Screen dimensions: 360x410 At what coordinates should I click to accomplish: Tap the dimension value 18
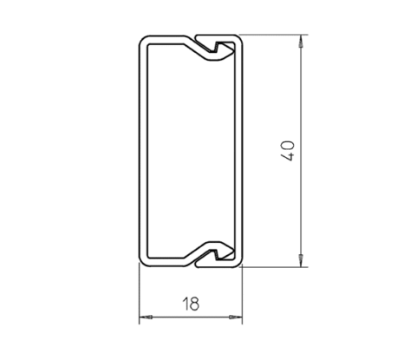tap(190, 303)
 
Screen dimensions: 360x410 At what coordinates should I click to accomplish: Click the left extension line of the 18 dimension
tap(140, 295)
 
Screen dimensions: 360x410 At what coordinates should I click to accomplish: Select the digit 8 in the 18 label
tap(195, 303)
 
